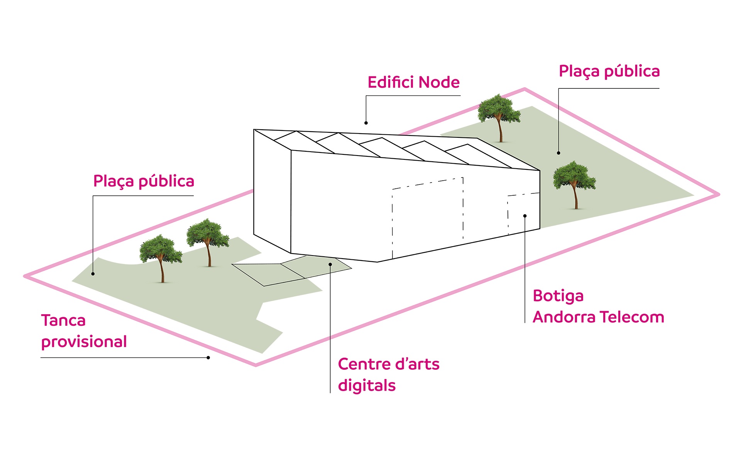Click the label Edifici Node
click(413, 82)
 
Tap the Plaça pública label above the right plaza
click(609, 72)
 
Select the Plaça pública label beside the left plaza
click(144, 181)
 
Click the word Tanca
click(63, 320)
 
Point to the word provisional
click(84, 342)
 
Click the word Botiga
click(558, 296)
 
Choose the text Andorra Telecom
click(599, 317)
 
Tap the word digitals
click(367, 386)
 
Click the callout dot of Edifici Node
click(366, 123)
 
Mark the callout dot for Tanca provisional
click(208, 358)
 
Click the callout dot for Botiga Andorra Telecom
click(525, 216)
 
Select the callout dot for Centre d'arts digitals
click(330, 264)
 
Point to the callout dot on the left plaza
click(93, 274)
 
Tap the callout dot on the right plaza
click(558, 153)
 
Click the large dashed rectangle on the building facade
click(428, 218)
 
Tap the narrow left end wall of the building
click(272, 191)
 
